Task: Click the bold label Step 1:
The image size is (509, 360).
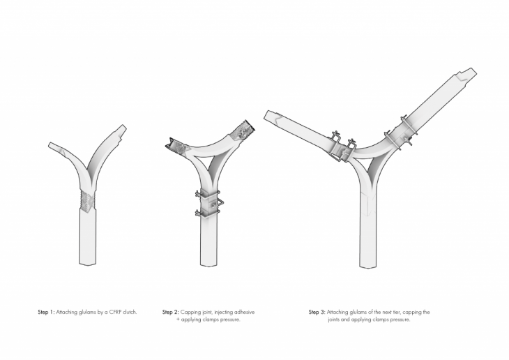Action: [x=46, y=313]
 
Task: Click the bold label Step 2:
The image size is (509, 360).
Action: [x=170, y=313]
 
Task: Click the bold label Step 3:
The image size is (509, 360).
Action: [x=317, y=313]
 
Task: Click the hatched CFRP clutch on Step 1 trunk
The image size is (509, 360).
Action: [x=88, y=202]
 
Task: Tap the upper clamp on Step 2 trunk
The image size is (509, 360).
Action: [x=207, y=194]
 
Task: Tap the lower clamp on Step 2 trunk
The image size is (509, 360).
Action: [x=207, y=213]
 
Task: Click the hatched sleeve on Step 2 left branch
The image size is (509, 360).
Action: [x=178, y=146]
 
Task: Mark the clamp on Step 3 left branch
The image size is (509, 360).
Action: [x=342, y=147]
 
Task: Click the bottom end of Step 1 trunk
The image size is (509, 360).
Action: [x=88, y=264]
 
